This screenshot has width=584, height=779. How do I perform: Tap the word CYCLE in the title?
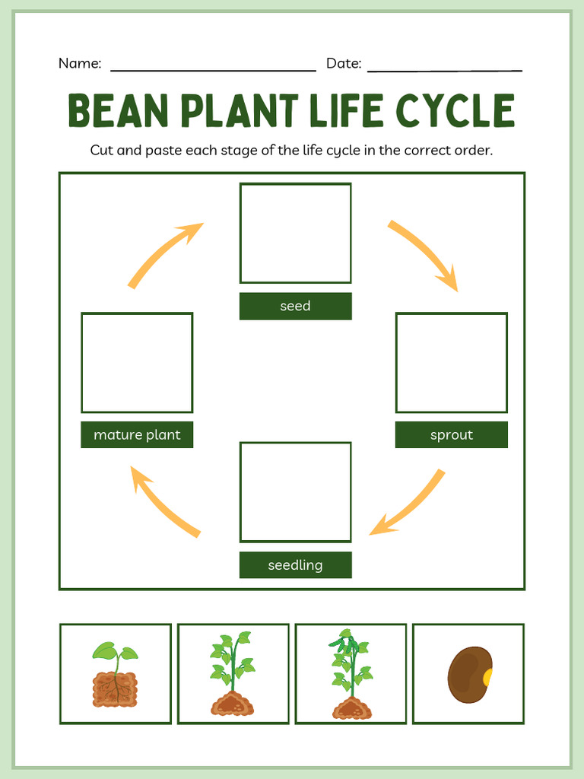[x=455, y=111]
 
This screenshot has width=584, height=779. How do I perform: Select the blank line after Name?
[x=213, y=69]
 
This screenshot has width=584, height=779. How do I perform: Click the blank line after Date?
[x=445, y=69]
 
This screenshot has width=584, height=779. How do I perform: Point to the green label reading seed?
[x=295, y=306]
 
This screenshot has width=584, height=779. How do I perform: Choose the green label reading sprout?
[x=451, y=434]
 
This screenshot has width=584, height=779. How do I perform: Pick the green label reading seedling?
[x=295, y=564]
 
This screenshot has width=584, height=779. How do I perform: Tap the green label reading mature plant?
[x=137, y=434]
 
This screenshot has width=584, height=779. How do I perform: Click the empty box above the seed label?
[x=295, y=233]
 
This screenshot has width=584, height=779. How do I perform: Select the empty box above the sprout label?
[x=451, y=362]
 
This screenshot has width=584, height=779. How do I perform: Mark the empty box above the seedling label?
[x=295, y=491]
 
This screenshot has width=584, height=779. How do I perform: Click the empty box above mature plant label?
[x=137, y=362]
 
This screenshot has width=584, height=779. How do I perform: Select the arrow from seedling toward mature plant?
[x=163, y=502]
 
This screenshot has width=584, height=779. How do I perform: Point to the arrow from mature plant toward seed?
[x=164, y=253]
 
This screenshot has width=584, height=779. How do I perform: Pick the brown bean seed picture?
[x=468, y=674]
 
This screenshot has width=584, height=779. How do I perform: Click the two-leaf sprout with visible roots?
[x=116, y=674]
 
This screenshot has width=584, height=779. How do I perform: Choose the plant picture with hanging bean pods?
[x=351, y=674]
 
